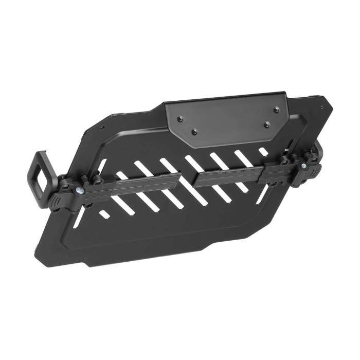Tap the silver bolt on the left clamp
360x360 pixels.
[79, 190]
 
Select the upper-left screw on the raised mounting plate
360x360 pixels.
[179, 119]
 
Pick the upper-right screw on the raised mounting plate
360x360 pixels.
[276, 109]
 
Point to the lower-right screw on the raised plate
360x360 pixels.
[266, 124]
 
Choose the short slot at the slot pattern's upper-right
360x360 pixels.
[263, 151]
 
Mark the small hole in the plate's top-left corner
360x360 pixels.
[102, 129]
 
